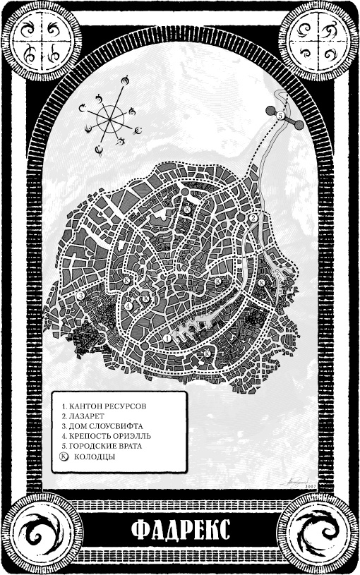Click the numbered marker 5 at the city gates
(x=280, y=115)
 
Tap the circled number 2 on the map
(x=252, y=218)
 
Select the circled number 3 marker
(x=208, y=351)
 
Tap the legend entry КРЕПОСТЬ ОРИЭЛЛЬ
(x=107, y=437)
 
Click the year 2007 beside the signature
(x=310, y=485)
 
